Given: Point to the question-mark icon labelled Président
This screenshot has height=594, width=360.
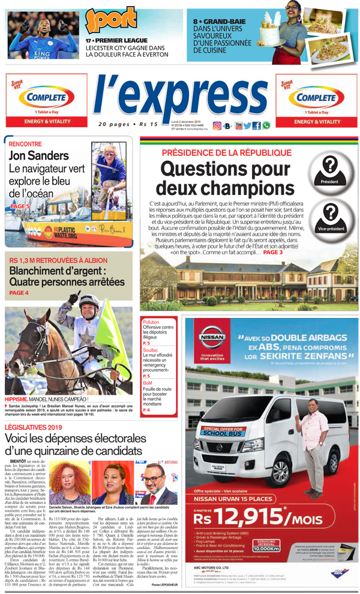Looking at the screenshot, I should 329,166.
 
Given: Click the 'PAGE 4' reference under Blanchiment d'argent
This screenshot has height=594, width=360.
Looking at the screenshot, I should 19,293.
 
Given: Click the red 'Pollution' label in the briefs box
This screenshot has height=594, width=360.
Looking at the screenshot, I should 151,322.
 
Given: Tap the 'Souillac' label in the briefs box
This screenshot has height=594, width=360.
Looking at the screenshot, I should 151,349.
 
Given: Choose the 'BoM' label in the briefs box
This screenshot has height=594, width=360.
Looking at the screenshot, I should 148,382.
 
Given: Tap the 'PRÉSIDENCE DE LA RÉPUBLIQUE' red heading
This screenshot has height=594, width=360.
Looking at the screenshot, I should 227,152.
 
